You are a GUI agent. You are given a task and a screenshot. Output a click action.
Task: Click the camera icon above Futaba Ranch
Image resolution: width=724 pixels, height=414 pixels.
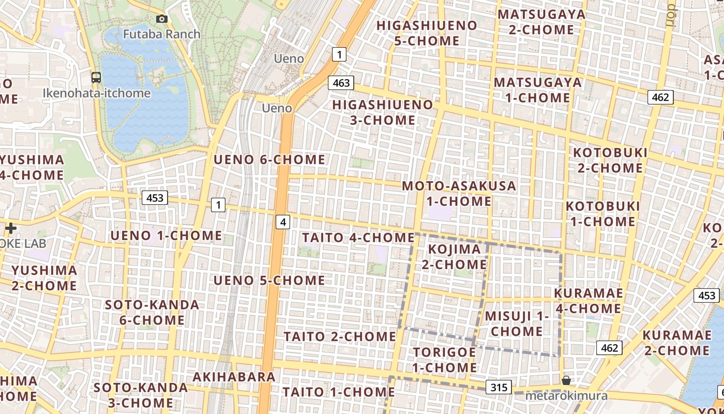(162, 19)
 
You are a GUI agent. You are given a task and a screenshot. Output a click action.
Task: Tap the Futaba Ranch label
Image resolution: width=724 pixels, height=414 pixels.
(161, 34)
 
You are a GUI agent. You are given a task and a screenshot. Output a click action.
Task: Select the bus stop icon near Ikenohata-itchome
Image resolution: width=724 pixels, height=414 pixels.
(96, 78)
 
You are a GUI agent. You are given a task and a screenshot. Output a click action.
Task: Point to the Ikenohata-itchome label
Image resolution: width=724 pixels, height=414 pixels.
(97, 94)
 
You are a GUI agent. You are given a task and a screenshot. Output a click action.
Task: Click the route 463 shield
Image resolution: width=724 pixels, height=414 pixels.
(341, 83)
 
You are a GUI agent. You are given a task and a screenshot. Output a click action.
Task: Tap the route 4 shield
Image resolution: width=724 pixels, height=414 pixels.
(283, 222)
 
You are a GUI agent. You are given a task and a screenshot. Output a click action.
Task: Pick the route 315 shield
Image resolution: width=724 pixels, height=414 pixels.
(499, 387)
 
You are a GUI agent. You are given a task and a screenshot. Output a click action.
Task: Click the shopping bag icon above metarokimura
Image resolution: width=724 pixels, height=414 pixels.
(566, 381)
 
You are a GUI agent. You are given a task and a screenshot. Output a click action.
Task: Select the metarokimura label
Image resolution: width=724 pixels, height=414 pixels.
(566, 396)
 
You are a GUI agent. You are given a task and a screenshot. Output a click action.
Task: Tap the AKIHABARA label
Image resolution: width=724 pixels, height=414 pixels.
(234, 377)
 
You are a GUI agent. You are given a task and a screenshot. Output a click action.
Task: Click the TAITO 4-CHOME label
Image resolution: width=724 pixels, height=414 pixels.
(358, 238)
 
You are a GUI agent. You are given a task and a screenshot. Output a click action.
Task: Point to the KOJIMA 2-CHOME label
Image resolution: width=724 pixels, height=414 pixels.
(455, 257)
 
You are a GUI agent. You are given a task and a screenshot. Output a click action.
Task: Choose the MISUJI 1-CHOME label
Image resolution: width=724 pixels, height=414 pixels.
(516, 323)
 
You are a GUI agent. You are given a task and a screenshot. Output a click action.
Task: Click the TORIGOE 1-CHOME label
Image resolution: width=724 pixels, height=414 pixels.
(445, 360)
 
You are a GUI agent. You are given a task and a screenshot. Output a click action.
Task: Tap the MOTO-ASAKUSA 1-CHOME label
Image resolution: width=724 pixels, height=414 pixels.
(459, 193)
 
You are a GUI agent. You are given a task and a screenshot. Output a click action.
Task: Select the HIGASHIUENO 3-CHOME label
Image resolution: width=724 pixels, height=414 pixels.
(382, 112)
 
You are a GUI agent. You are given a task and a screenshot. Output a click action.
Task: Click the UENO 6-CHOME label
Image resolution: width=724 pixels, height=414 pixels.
(269, 160)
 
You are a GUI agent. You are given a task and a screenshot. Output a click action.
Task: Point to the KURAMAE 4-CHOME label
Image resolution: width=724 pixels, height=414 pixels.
(588, 301)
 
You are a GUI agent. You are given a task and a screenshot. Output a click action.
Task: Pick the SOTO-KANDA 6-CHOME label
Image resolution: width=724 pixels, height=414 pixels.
(152, 312)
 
